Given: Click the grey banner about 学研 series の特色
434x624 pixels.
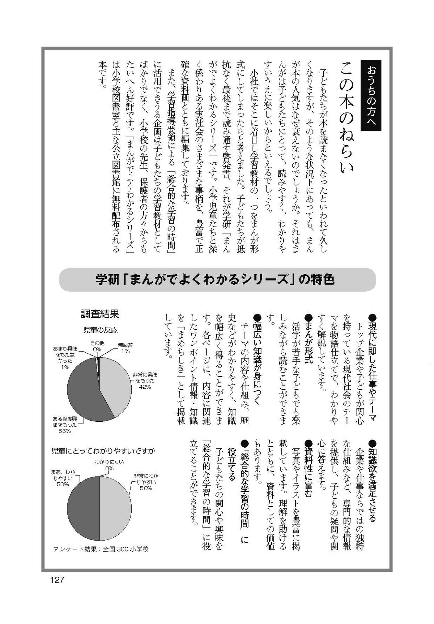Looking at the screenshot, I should pos(217,280).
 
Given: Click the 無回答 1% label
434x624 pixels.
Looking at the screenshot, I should pos(125,348).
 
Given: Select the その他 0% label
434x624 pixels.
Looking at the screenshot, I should pos(97,346).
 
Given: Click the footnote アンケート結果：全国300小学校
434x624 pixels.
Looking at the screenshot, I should pos(101,549).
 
